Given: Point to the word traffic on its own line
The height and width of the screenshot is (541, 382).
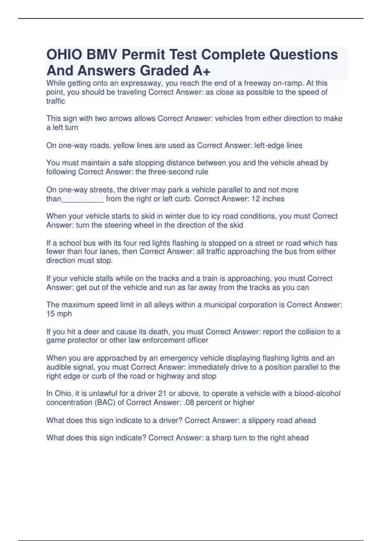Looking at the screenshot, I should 56,101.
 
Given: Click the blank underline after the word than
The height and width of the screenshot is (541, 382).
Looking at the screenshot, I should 82,199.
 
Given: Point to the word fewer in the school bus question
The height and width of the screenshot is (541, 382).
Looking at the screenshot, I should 56,252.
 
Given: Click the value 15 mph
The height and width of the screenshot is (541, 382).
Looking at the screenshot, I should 59,314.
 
